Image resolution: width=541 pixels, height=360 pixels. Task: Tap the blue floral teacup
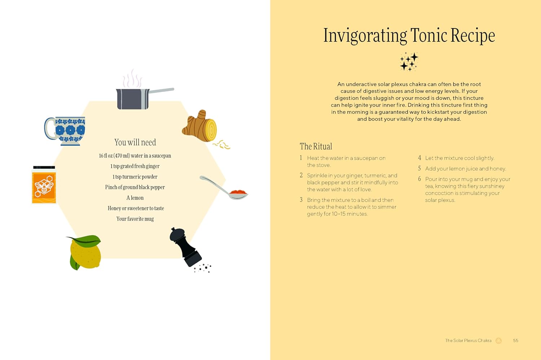65,131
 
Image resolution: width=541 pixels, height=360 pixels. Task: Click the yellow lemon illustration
84,252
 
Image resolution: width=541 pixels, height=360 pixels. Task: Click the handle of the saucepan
161,90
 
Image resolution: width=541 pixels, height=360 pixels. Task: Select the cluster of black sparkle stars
409,62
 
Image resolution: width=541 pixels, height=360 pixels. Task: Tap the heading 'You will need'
135,142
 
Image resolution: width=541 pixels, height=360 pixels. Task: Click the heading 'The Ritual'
316,146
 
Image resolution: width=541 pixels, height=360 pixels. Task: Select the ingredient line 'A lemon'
135,198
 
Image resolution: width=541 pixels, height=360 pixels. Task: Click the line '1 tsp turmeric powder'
135,177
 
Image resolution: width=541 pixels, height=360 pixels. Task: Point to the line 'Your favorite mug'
135,219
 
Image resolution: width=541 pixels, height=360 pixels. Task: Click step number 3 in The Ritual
301,200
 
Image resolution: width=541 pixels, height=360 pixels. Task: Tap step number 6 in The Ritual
419,179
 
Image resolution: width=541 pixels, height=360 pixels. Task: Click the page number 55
516,341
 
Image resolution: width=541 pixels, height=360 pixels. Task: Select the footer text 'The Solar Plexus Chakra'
468,341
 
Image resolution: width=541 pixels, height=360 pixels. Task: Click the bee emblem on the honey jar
44,187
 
